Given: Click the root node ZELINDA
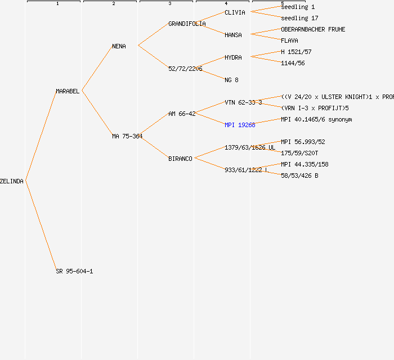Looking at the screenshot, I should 12,181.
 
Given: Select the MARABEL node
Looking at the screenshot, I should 68,91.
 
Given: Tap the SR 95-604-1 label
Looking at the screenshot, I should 74,271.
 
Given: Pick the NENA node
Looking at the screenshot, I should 119,46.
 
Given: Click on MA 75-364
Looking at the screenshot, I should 127,136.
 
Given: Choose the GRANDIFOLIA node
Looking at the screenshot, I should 187,24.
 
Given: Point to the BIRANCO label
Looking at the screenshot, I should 180,159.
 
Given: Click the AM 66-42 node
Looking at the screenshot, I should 182,114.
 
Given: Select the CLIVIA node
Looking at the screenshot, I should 235,12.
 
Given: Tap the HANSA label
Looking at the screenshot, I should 233,35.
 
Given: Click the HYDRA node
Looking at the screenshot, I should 233,57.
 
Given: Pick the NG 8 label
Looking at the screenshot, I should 231,80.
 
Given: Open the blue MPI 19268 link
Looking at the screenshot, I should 240,125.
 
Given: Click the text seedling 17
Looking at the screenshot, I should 299,18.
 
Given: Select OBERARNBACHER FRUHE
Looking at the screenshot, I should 313,29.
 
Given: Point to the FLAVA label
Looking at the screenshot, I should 289,40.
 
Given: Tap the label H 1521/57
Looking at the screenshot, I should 296,52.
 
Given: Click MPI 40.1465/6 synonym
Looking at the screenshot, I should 316,119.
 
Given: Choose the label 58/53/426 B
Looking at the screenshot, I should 299,175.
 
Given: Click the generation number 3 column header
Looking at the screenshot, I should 169,4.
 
